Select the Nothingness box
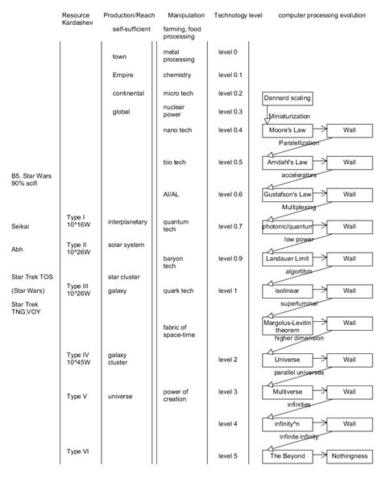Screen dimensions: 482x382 349,455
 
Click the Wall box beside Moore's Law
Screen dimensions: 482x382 349,130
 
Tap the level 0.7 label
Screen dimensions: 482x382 230,227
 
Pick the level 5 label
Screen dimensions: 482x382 228,455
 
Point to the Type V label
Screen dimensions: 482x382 77,396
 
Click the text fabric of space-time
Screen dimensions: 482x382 176,331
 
